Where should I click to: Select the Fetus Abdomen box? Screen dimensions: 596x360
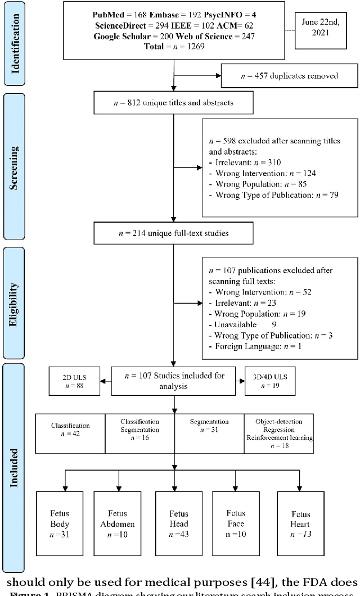117,523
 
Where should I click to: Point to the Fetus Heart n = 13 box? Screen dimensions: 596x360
300,523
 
